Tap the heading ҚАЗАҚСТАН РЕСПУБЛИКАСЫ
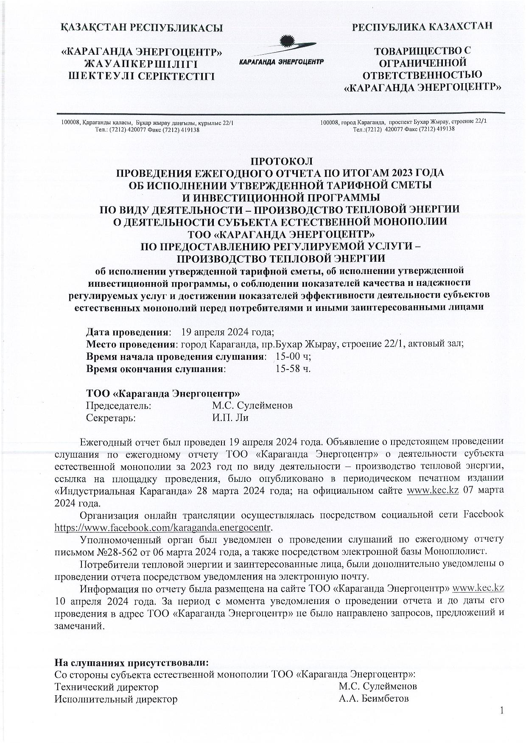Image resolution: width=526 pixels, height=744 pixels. click(142, 28)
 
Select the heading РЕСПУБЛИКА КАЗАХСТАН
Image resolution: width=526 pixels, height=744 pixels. click(422, 26)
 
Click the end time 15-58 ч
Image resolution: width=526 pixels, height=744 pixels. click(293, 368)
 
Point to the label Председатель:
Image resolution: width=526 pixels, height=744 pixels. click(118, 406)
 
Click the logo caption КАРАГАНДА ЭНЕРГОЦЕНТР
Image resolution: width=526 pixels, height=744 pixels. click(281, 62)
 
